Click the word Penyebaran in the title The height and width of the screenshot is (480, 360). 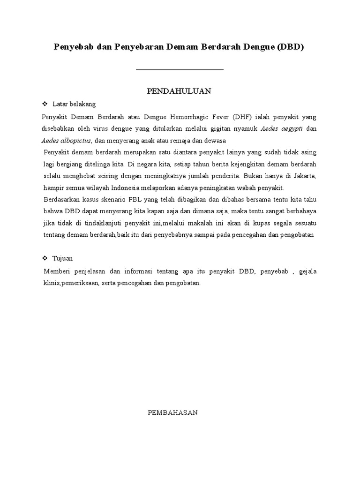click(136, 48)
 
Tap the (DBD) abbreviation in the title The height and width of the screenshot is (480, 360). click(291, 48)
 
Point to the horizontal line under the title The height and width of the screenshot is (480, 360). click(180, 69)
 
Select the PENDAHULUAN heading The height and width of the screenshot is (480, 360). click(180, 91)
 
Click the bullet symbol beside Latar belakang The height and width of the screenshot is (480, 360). click(45, 104)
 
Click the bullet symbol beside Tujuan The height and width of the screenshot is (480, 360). click(45, 258)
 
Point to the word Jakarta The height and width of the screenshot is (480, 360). click(304, 176)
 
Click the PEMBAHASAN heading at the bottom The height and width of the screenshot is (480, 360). click(173, 412)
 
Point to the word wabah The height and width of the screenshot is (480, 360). click(252, 187)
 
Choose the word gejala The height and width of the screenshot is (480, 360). click(307, 271)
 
